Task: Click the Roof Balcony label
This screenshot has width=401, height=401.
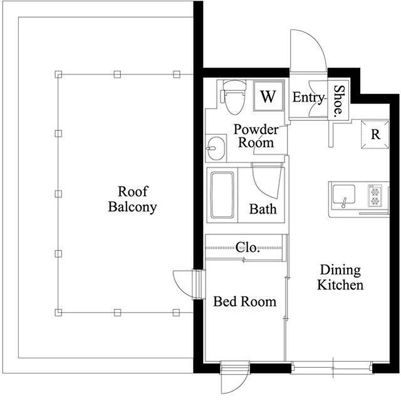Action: (132, 199)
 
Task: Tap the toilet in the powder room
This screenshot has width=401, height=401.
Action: (234, 97)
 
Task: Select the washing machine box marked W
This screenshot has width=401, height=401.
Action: (269, 96)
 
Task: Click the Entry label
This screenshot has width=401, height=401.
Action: (308, 98)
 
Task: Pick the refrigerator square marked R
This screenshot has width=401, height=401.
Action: (375, 134)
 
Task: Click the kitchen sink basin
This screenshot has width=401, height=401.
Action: (344, 194)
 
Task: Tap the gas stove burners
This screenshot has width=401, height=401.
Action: (375, 195)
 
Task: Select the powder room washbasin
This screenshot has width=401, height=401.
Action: (216, 148)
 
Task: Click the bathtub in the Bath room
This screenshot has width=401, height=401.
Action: (222, 195)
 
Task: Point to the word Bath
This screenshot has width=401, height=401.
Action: (263, 209)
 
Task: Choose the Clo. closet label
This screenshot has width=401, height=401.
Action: (247, 247)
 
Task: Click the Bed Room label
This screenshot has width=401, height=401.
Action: (245, 301)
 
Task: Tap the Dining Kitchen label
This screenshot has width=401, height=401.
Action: (340, 278)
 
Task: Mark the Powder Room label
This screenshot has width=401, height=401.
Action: (256, 136)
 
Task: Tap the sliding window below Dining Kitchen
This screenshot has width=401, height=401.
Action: (332, 368)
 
